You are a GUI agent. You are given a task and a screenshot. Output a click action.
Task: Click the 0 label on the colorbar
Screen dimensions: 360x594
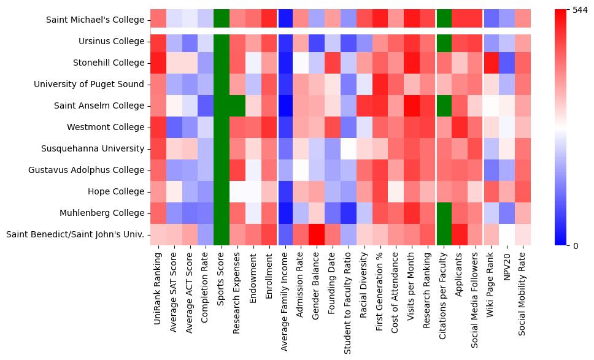click(576, 246)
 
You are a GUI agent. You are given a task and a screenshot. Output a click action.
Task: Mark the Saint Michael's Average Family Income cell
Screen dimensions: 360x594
click(285, 20)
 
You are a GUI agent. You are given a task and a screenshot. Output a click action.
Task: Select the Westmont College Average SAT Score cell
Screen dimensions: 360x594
click(174, 127)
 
